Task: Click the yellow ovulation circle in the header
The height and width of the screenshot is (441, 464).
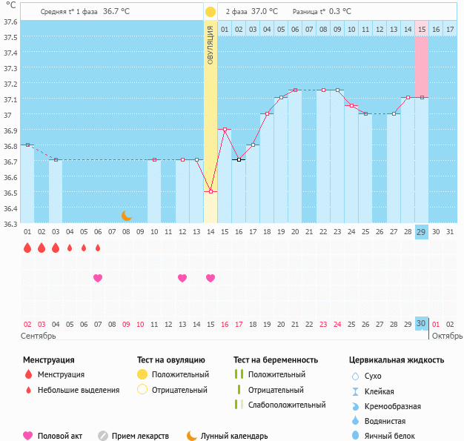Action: click(x=211, y=12)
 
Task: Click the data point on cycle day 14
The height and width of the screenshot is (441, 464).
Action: click(x=211, y=191)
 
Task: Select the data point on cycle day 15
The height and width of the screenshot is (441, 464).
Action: click(x=225, y=130)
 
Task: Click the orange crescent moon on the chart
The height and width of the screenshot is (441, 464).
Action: click(x=127, y=215)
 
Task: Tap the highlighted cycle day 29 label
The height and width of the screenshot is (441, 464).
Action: click(x=421, y=232)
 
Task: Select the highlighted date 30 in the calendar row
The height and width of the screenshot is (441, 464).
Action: click(x=421, y=324)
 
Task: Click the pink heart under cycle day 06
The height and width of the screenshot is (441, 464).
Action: click(x=98, y=278)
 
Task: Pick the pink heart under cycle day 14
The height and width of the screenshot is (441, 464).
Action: click(x=211, y=278)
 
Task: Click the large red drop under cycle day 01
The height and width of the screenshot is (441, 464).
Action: click(x=27, y=248)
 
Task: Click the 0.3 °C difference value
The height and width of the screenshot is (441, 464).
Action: click(x=340, y=12)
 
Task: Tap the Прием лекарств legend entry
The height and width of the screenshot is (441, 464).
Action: click(x=140, y=436)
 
